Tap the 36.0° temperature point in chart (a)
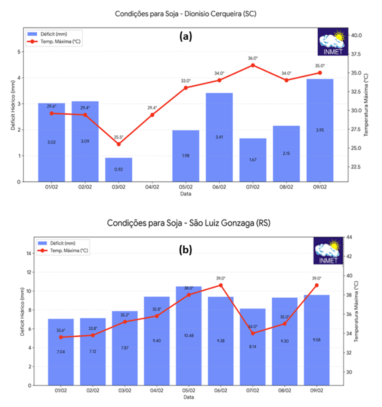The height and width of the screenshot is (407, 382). point(253,65)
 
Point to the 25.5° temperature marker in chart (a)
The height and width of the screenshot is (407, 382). point(119,144)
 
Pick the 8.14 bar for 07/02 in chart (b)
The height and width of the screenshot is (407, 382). point(253,347)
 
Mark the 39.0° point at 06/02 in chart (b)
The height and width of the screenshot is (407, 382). point(221,285)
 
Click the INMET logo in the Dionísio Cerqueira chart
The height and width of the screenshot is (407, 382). point(333,41)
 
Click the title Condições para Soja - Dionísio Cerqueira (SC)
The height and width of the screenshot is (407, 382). point(186,14)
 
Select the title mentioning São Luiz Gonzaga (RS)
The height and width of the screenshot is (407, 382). point(188,222)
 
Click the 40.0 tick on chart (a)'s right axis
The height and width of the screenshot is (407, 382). point(356,35)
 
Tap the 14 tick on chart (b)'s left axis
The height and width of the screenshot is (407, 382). point(29,253)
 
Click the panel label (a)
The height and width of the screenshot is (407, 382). point(186,36)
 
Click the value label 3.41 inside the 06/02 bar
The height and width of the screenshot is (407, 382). point(219,137)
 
